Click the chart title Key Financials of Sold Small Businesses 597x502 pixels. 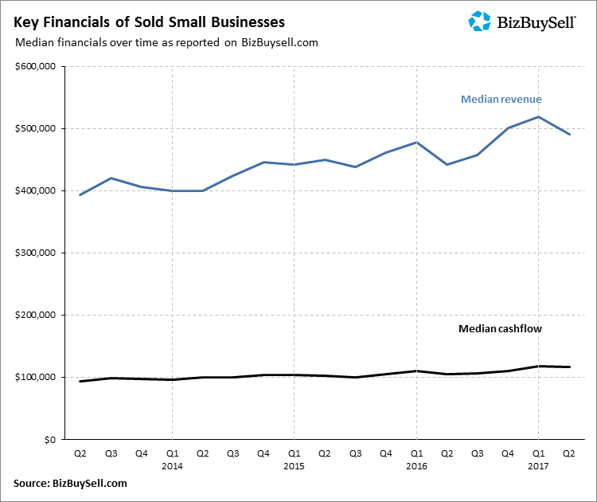click(x=149, y=22)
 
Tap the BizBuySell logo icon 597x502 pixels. click(x=480, y=21)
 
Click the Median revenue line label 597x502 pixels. click(x=501, y=100)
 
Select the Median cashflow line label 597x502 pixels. click(x=500, y=328)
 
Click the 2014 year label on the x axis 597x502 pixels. click(x=172, y=465)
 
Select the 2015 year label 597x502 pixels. click(x=294, y=465)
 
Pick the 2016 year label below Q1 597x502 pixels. click(x=416, y=465)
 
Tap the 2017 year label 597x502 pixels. click(x=538, y=465)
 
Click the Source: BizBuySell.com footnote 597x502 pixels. click(x=70, y=483)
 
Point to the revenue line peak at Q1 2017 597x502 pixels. click(x=538, y=117)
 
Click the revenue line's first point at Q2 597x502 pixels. click(x=80, y=194)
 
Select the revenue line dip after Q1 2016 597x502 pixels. click(x=447, y=164)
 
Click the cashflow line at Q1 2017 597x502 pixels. click(x=538, y=367)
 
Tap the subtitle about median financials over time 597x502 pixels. click(x=166, y=43)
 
